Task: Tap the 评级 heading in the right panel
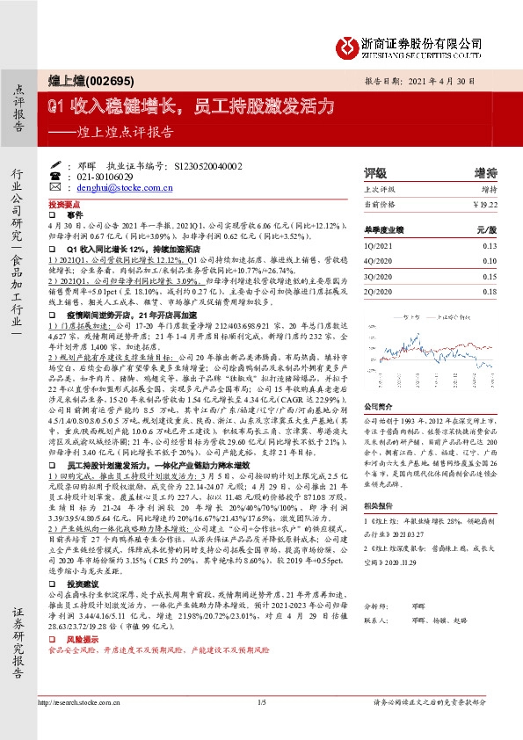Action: tap(375, 172)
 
